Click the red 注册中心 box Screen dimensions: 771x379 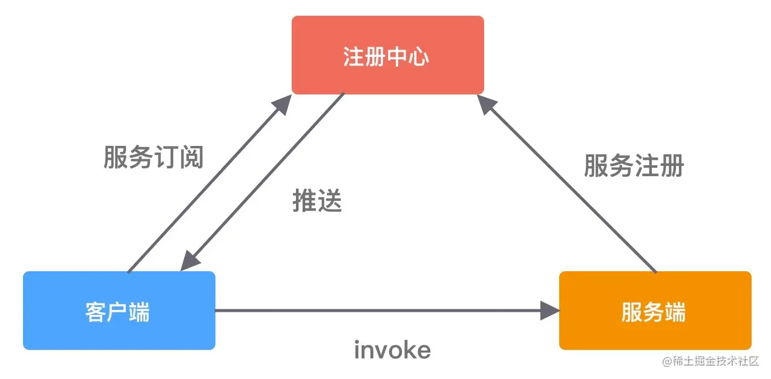pos(387,55)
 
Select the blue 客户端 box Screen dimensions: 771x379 pos(119,311)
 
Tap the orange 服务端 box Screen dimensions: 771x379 pos(655,311)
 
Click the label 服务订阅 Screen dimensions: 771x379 pos(154,157)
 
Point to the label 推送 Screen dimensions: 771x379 pos(317,200)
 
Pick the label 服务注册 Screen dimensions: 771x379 pos(634,165)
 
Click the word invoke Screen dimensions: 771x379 pos(392,350)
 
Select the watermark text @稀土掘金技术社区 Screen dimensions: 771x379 pos(710,361)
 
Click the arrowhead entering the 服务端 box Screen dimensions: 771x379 pos(550,311)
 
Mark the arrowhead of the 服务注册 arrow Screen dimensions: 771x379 pos(486,104)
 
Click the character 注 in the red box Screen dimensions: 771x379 pos(353,57)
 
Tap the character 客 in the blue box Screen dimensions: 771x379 pos(96,312)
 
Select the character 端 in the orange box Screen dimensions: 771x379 pos(675,312)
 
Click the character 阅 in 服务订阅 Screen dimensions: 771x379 pos(192,157)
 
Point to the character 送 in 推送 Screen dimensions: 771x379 pos(330,200)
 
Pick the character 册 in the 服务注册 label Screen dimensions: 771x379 pos(672,165)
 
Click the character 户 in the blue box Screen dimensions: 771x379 pos(117,312)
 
